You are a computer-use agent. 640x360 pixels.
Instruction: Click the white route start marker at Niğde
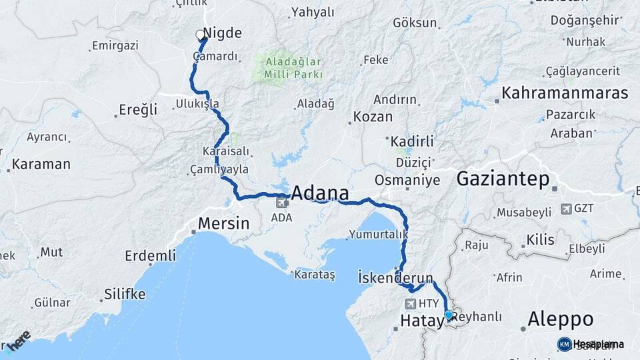click(200, 35)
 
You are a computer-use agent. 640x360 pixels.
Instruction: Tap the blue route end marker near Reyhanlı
click(449, 315)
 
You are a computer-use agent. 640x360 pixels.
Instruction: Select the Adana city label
click(321, 194)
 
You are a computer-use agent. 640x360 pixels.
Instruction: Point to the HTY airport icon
click(411, 304)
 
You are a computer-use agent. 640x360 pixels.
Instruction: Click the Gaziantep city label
click(503, 179)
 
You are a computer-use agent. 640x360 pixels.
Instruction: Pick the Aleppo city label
click(561, 319)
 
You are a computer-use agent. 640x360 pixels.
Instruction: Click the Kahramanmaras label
click(565, 93)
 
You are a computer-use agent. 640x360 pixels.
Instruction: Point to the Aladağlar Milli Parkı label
click(294, 68)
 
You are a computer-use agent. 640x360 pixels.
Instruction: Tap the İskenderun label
click(395, 277)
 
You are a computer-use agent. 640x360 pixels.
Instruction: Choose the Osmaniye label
click(407, 180)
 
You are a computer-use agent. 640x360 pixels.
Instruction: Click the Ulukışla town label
click(197, 104)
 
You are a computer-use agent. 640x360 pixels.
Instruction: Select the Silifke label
click(125, 293)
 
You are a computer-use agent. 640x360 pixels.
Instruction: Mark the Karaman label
click(41, 164)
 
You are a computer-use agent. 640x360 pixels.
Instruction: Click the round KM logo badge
click(564, 344)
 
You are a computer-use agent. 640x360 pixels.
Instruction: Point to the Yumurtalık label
click(377, 234)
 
